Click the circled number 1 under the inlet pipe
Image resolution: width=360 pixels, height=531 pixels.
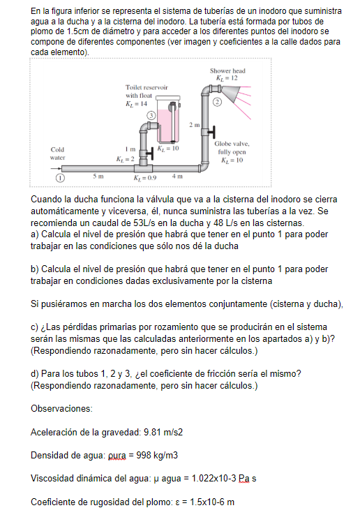point(51,177)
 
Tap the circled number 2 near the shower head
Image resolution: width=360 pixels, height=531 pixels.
point(217,103)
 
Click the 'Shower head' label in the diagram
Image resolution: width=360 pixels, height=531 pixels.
point(227,71)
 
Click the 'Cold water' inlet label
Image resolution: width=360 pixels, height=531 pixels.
point(58,154)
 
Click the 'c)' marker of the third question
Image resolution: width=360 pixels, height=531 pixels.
point(36,327)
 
